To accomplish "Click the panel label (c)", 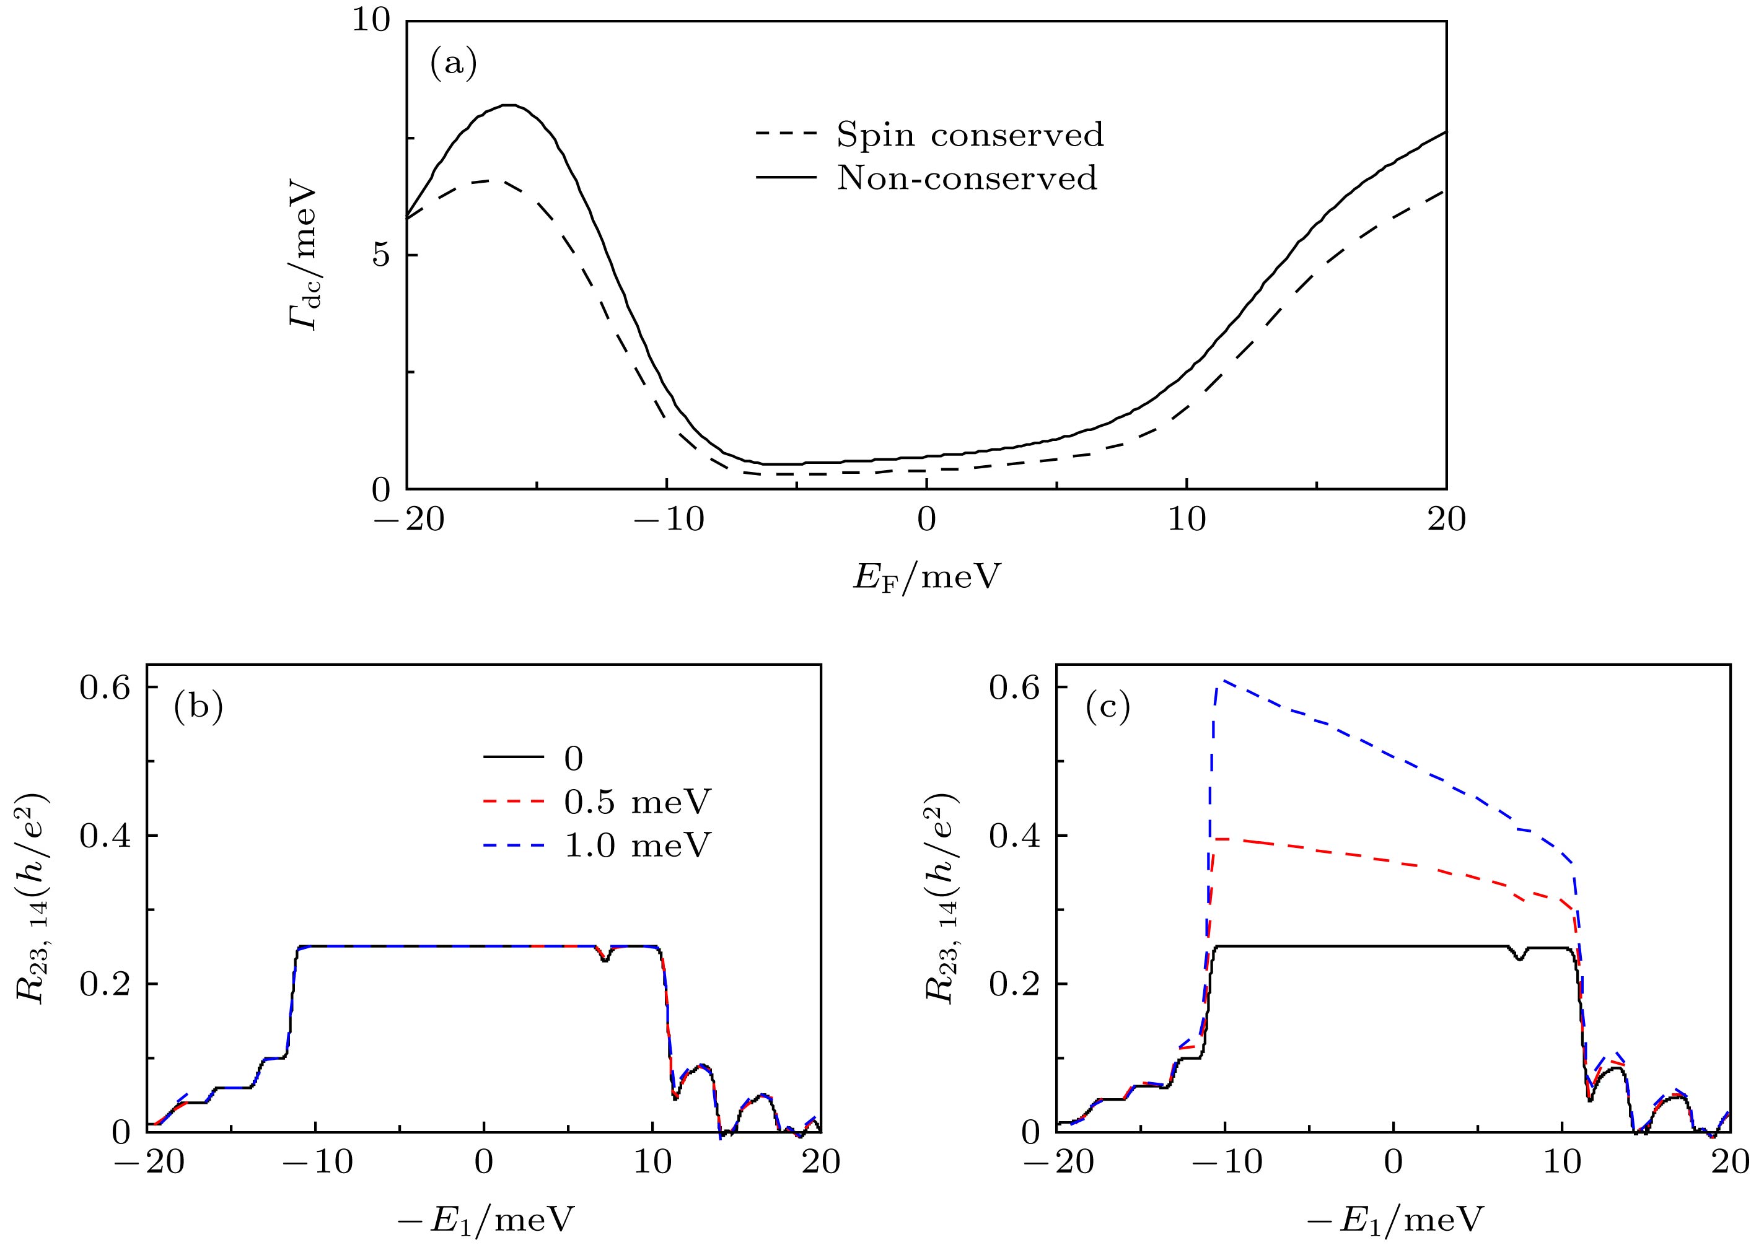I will pyautogui.click(x=1107, y=709).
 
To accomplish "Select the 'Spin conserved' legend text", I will pyautogui.click(x=970, y=135).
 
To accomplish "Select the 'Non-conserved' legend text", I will pyautogui.click(x=967, y=178).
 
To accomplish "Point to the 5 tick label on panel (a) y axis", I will pyautogui.click(x=380, y=255).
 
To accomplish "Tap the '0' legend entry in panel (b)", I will pyautogui.click(x=573, y=759).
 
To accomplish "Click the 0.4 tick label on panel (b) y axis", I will pyautogui.click(x=105, y=835).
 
